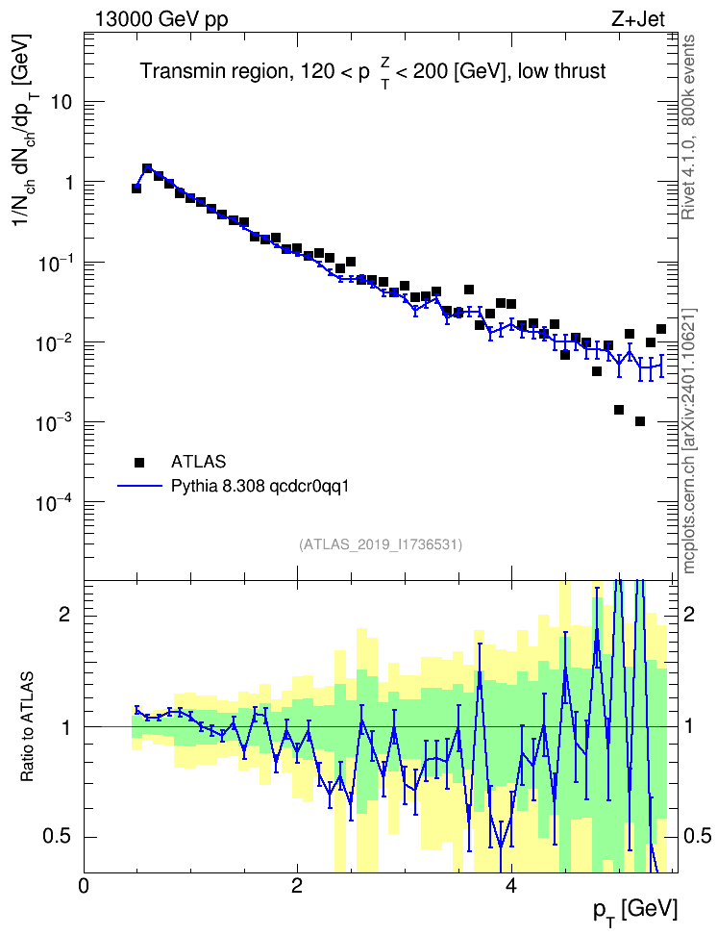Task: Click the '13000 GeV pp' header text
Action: coord(161,19)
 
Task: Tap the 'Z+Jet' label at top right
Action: coord(638,19)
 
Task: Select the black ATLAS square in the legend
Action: coord(139,462)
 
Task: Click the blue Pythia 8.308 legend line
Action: coord(140,486)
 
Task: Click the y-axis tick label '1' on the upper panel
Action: coord(68,182)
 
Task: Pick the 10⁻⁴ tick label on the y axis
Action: coord(55,502)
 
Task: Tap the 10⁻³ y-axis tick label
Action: coord(55,422)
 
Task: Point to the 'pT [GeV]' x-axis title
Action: coord(635,911)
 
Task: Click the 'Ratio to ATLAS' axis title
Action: coord(27,727)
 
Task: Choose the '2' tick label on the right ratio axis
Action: coord(689,615)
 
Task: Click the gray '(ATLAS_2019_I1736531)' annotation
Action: coord(381,544)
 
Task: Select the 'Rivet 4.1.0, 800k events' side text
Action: coord(689,127)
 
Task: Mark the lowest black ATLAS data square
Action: coord(640,421)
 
